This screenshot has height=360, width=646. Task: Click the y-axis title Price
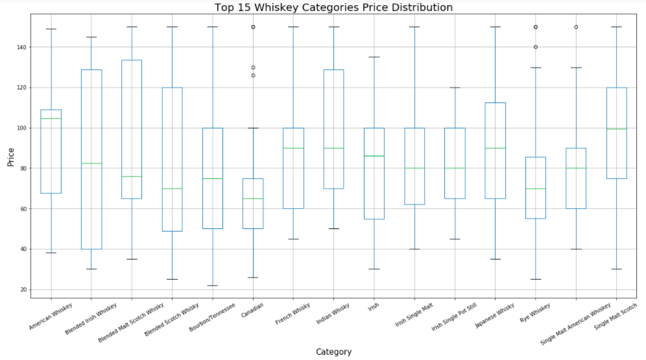point(10,156)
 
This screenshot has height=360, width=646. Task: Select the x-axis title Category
point(333,352)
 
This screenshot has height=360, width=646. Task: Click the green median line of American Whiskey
point(51,118)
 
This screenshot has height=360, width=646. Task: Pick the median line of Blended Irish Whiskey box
point(91,163)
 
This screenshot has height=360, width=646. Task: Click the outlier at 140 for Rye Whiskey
point(535,47)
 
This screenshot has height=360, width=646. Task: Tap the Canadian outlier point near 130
point(253,67)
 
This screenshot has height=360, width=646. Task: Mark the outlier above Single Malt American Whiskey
point(575,27)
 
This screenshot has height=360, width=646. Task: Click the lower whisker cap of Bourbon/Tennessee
point(213,285)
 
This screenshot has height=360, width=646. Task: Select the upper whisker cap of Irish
point(374,57)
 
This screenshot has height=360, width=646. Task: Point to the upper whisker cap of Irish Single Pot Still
point(455,88)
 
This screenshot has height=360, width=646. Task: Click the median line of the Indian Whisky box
point(333,148)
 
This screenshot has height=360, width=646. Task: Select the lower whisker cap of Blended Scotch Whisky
point(172,280)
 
